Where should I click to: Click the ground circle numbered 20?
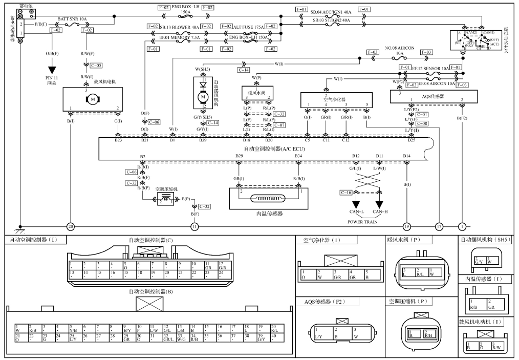click(x=71, y=226)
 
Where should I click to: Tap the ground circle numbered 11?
click(x=194, y=226)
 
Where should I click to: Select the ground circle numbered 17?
click(x=439, y=226)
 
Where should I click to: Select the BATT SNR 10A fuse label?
click(x=72, y=18)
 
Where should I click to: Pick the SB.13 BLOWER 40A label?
click(x=179, y=26)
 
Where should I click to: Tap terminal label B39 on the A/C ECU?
click(x=203, y=140)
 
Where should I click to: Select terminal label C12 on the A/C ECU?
click(x=346, y=140)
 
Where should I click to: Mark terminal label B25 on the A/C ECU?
click(x=412, y=140)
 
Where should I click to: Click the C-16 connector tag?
click(x=347, y=192)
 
